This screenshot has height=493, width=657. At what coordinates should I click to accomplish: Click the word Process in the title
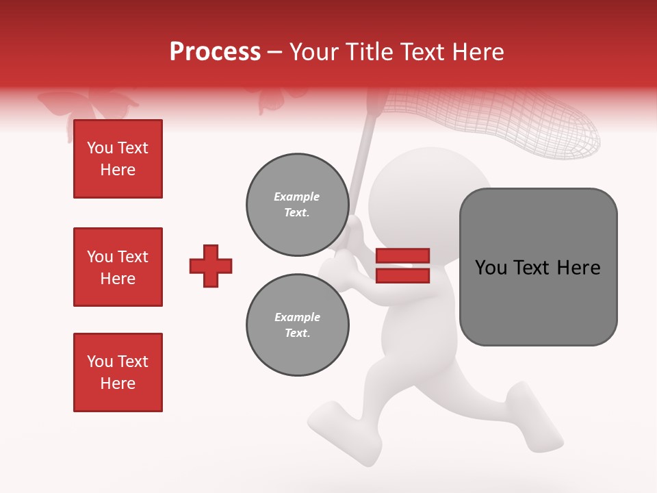[x=215, y=52]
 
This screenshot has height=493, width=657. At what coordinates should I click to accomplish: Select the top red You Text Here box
[x=118, y=159]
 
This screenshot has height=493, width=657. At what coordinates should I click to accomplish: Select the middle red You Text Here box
[x=118, y=267]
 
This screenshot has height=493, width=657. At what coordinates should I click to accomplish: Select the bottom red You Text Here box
[x=118, y=372]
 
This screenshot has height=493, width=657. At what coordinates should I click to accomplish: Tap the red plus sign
[x=211, y=266]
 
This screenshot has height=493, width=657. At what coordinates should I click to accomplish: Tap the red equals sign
[x=402, y=266]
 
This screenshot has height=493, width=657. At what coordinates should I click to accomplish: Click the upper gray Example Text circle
[x=297, y=205]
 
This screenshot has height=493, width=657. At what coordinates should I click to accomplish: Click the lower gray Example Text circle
[x=297, y=325]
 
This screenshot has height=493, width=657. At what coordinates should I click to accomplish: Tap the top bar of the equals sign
[x=402, y=256]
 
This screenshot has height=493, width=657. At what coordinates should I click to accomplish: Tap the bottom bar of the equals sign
[x=402, y=275]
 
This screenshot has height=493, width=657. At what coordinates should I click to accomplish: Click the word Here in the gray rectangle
[x=579, y=268]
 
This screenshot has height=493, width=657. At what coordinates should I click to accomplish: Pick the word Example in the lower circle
[x=297, y=317]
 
